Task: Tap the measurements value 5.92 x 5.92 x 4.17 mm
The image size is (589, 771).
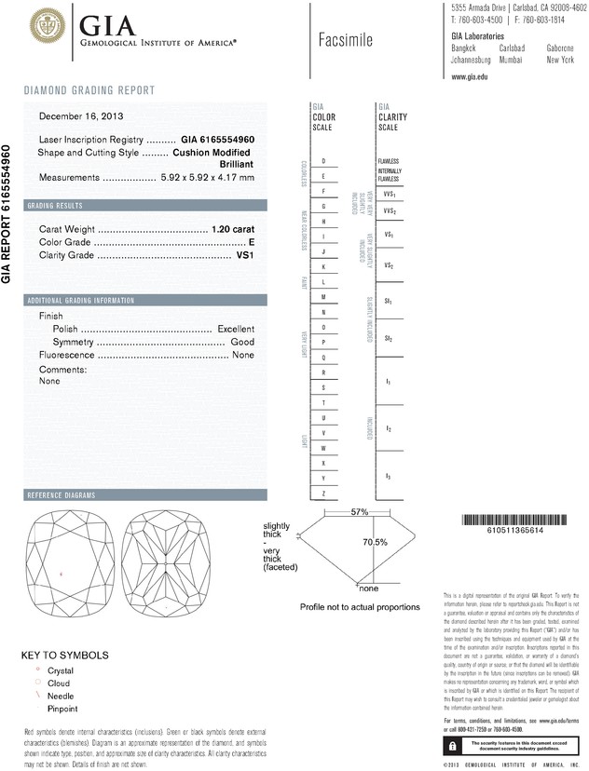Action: [x=208, y=177]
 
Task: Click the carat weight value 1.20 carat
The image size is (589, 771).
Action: [x=233, y=228]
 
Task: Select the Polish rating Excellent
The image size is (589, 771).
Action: [x=236, y=330]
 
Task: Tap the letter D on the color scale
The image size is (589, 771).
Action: [x=323, y=161]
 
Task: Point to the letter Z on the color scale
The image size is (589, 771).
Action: [x=323, y=493]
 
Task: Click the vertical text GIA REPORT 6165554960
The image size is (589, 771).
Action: [x=8, y=213]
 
